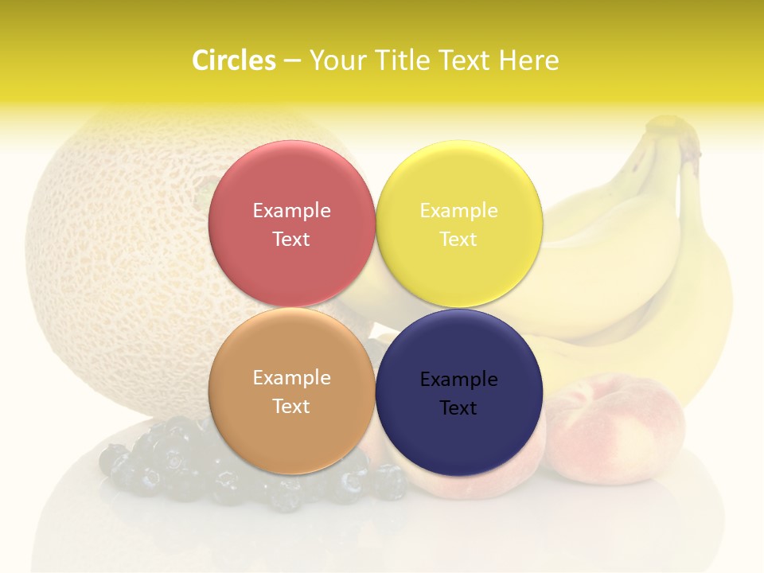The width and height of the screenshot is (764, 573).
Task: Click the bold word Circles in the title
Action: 234,60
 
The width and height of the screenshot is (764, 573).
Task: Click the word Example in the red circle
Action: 291,211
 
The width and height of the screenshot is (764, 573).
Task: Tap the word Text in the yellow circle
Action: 458,240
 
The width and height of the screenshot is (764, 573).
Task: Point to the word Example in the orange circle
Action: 291,378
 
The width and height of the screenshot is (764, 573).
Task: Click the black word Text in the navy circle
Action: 458,408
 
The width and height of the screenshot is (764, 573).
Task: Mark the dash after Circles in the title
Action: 292,61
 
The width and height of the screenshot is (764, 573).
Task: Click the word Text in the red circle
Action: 291,240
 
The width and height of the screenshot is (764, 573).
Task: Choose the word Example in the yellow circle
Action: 458,211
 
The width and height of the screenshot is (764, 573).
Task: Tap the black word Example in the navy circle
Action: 458,380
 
